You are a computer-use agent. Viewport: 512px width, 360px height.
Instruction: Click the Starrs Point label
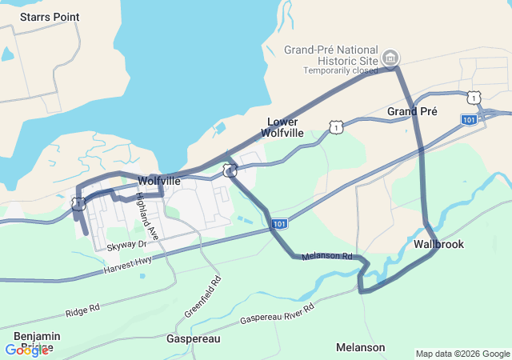(43, 17)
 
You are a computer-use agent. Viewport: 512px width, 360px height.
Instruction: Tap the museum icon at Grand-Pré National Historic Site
(391, 57)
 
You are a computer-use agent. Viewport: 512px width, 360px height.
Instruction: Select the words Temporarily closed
(340, 70)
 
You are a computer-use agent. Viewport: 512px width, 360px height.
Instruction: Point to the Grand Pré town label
(412, 112)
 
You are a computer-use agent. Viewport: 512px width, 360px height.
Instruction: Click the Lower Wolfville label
(284, 127)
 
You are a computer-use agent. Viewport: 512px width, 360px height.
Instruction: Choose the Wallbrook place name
(439, 244)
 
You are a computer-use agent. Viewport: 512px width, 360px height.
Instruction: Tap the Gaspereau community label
(193, 339)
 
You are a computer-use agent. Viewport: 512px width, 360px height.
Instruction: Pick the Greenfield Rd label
(203, 297)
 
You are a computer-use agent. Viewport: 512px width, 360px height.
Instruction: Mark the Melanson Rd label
(327, 257)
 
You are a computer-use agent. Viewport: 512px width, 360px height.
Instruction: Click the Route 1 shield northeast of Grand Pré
(475, 98)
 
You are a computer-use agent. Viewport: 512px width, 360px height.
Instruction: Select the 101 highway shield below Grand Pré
(470, 119)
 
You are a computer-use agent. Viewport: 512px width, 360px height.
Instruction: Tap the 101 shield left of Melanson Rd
(278, 224)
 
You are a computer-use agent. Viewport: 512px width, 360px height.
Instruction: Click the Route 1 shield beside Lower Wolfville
(336, 127)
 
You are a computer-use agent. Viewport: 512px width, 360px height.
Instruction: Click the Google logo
(26, 350)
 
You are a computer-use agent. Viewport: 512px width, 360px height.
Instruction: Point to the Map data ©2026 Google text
(462, 354)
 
